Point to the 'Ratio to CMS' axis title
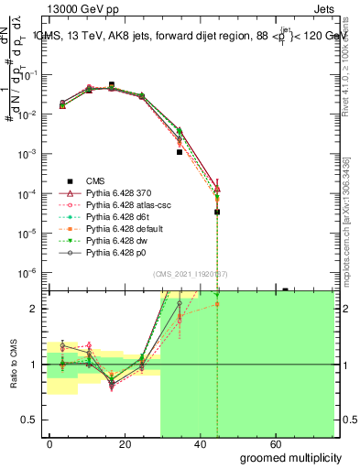pyautogui.click(x=12, y=365)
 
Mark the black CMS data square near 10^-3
pyautogui.click(x=180, y=152)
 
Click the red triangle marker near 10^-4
pyautogui.click(x=216, y=190)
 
